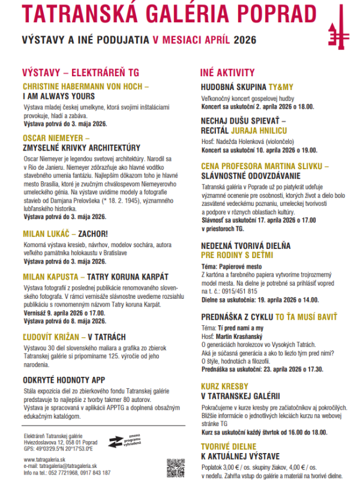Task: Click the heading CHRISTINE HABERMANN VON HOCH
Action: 85,86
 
